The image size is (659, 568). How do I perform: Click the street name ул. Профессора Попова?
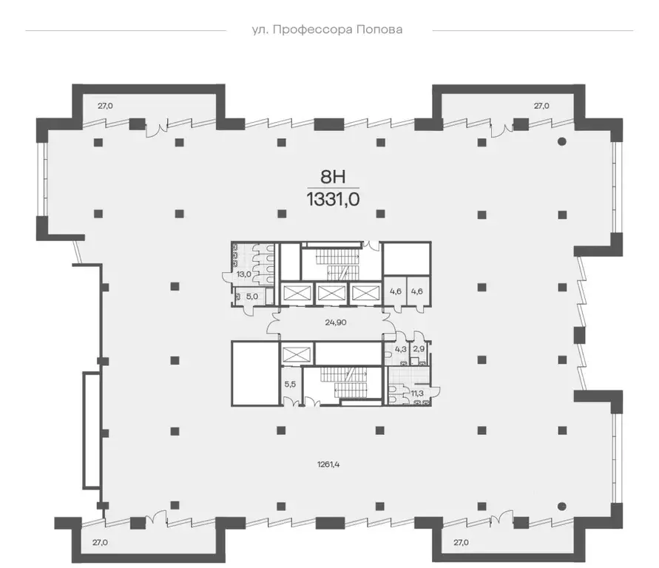[x=327, y=30]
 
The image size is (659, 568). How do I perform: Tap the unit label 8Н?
[x=333, y=177]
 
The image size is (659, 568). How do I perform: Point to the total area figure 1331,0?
[x=334, y=199]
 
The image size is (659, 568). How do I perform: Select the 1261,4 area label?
[x=328, y=464]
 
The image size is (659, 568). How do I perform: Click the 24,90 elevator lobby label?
[x=336, y=322]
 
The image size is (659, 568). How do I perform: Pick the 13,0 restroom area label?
[x=243, y=274]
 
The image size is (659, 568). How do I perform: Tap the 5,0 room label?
[x=251, y=296]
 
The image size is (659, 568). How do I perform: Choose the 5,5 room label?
[x=290, y=384]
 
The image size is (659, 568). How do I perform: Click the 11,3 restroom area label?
[x=417, y=393]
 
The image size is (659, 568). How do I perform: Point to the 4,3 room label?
[x=401, y=348]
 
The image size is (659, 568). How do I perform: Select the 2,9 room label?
[x=419, y=348]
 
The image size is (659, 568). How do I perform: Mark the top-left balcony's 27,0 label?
[x=105, y=106]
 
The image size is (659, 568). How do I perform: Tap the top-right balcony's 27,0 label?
[x=541, y=106]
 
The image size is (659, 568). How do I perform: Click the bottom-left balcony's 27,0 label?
[x=100, y=542]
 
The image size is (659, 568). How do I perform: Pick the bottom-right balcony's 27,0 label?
[x=461, y=542]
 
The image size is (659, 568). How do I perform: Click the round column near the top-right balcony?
[x=562, y=141]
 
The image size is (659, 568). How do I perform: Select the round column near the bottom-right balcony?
[x=562, y=506]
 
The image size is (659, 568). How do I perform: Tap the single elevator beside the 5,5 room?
[x=297, y=356]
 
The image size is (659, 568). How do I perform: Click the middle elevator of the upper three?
[x=332, y=293]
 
